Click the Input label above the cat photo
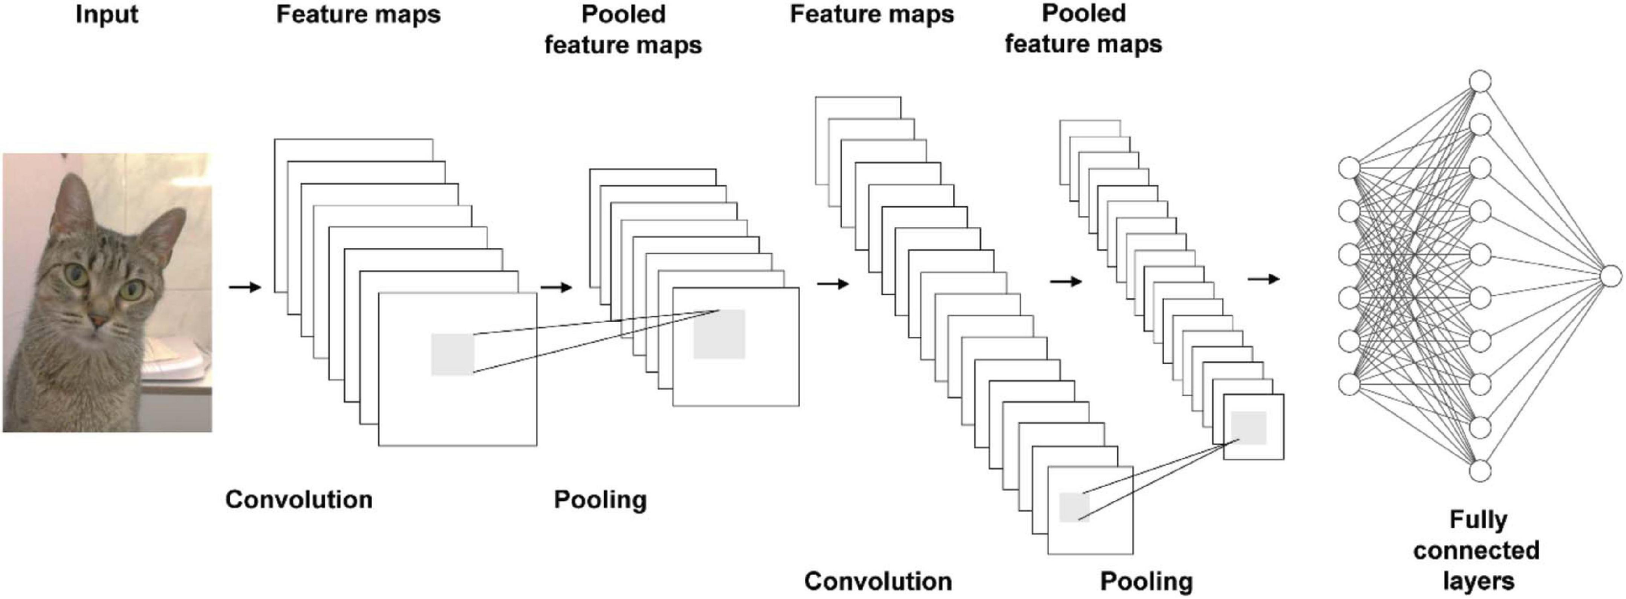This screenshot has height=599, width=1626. pos(107,14)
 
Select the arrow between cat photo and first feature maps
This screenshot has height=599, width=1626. pos(245,287)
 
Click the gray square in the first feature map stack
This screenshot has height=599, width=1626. pos(453,354)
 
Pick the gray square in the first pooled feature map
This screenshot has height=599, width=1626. pos(719,334)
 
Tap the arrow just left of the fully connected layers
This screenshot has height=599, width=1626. pos(1263,279)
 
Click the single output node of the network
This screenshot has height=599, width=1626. pos(1610,276)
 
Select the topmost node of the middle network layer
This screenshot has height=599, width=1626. pos(1480,82)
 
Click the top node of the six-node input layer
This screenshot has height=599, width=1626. pos(1350,168)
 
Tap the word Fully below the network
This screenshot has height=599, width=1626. pos(1478,520)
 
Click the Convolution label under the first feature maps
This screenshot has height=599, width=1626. pos(299,499)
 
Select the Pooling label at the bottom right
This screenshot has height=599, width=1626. pos(1146,581)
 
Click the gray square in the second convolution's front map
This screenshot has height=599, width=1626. pos(1074,507)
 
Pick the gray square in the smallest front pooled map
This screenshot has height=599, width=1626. pos(1248,428)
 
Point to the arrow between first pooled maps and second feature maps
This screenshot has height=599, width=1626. pos(833,284)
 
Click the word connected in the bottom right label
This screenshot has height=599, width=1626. pos(1476,550)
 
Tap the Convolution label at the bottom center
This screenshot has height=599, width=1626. pos(878,581)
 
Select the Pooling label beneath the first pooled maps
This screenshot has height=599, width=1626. pos(600,499)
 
